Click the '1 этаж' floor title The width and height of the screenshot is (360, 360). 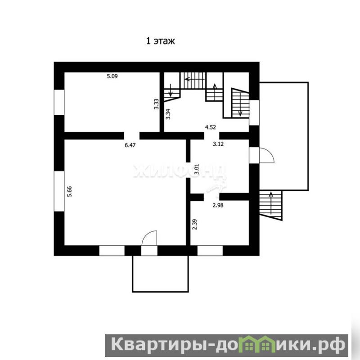click(x=161, y=41)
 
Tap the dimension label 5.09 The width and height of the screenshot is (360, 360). click(x=112, y=76)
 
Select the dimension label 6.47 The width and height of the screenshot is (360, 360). click(x=130, y=145)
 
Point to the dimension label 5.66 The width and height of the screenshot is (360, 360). click(x=69, y=192)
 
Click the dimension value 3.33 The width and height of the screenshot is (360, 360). click(x=156, y=104)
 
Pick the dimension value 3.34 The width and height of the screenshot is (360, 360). click(x=168, y=114)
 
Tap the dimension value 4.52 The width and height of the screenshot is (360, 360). click(x=210, y=127)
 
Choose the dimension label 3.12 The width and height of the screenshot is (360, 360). click(x=218, y=144)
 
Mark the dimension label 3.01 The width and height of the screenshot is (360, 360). click(x=197, y=170)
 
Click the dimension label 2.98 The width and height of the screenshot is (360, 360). click(x=218, y=205)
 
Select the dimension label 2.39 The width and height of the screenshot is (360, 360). click(x=194, y=225)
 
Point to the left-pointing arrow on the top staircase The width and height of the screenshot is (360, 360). click(x=195, y=79)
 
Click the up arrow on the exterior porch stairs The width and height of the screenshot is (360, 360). click(x=271, y=203)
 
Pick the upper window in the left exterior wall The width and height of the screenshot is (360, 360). click(x=59, y=103)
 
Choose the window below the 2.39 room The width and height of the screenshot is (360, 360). click(x=210, y=251)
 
